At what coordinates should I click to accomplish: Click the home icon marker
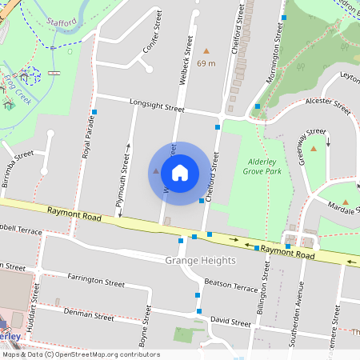(180, 173)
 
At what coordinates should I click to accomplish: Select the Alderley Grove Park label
(266, 166)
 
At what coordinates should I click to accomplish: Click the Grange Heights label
(200, 261)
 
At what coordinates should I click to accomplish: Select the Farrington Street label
(96, 281)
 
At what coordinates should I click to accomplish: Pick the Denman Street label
(88, 316)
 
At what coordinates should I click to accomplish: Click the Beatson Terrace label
(231, 286)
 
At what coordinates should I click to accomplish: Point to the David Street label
(230, 322)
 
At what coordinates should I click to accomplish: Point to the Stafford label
(61, 24)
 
